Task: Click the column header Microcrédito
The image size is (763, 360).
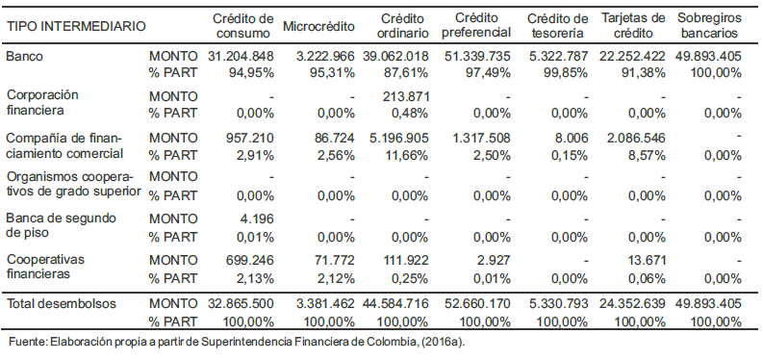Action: pos(318,26)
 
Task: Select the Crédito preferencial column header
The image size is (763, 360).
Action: pos(477,25)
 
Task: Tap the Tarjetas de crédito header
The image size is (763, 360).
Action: pos(633,25)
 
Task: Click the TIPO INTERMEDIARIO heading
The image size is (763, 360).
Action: pos(76,26)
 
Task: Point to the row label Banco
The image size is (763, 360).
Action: pos(24,57)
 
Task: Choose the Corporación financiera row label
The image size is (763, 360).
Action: pos(42,102)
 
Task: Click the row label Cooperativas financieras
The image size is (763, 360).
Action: pos(45,267)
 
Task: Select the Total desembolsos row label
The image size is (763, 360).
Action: pos(62,304)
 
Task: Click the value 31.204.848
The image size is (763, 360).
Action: pos(241,57)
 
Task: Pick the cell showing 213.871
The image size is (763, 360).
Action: pos(406,97)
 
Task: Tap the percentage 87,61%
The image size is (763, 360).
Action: pos(410,73)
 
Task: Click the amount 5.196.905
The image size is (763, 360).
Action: pos(399,139)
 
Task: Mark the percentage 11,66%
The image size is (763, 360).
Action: pos(410,155)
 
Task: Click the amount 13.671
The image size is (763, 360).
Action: pos(647,260)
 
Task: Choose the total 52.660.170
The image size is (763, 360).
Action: pos(478,304)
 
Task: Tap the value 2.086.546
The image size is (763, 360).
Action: pos(635,139)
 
